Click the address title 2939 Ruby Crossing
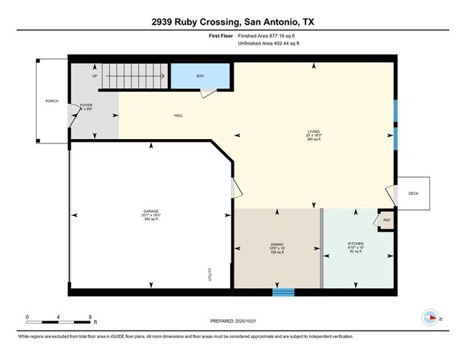pyautogui.click(x=233, y=22)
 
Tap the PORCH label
pyautogui.click(x=52, y=101)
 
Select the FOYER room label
pyautogui.click(x=86, y=105)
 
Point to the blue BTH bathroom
pyautogui.click(x=200, y=76)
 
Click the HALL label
pyautogui.click(x=178, y=115)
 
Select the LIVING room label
pyautogui.click(x=313, y=131)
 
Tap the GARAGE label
pyautogui.click(x=151, y=211)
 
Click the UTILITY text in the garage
pyautogui.click(x=209, y=274)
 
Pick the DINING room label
pyautogui.click(x=277, y=245)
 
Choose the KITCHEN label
pyautogui.click(x=356, y=245)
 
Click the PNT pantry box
pyautogui.click(x=386, y=220)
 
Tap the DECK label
pyautogui.click(x=413, y=194)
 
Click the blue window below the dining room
pyautogui.click(x=283, y=292)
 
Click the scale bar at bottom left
pyautogui.click(x=57, y=316)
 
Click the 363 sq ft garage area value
pyautogui.click(x=151, y=219)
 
